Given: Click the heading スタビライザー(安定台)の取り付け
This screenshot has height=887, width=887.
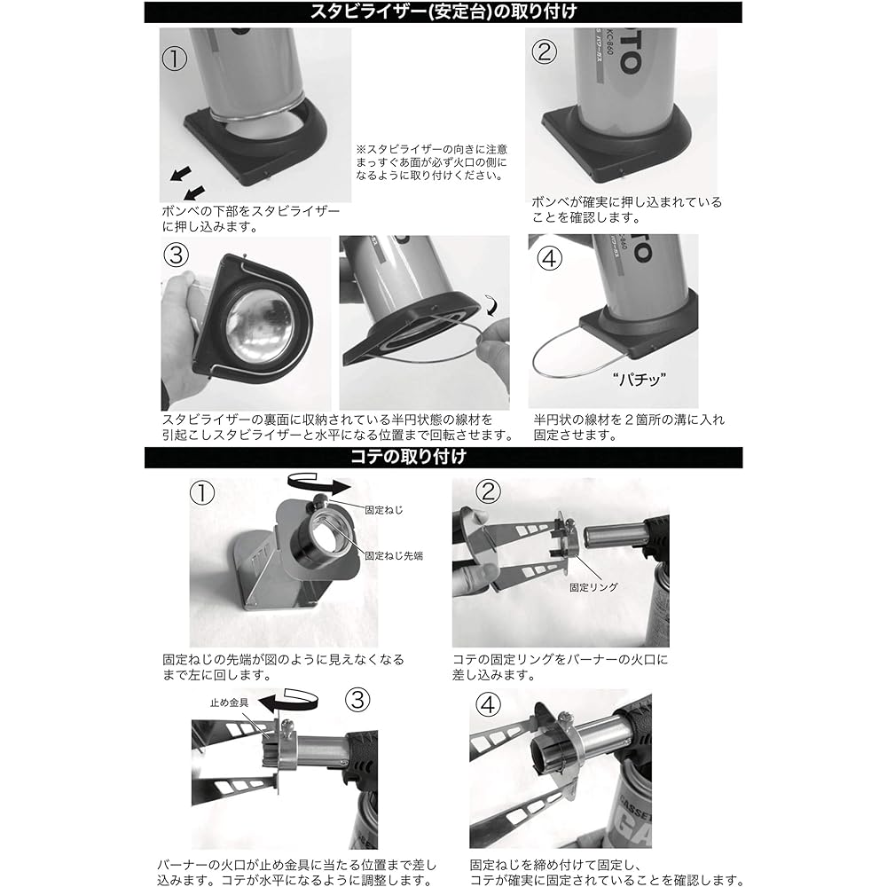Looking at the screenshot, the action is point(443,12).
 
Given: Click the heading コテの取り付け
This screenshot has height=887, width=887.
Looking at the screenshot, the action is point(408,457).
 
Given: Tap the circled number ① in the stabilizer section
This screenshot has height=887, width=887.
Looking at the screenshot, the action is point(174,59).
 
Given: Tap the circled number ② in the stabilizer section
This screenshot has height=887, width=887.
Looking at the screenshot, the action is point(545,51).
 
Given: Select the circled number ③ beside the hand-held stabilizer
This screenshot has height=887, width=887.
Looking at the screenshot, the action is point(176,255).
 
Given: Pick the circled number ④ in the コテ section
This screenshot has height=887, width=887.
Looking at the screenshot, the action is point(488,705).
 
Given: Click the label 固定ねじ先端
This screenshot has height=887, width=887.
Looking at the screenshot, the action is point(394,556).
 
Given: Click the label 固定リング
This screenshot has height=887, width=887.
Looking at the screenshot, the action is point(593,587).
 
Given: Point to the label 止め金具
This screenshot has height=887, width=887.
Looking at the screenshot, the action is point(229,703).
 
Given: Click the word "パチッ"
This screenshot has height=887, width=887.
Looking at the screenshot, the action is point(639,379).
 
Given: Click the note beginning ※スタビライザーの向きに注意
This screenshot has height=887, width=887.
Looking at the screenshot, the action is point(432,162).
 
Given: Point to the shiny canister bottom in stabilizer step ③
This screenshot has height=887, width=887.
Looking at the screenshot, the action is point(260,327).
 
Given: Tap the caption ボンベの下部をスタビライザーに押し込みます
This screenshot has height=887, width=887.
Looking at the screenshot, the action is point(251,219).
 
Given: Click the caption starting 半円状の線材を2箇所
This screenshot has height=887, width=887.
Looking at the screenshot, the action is point(629,428).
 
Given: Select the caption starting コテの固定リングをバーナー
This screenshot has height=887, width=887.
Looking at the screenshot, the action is point(560,667).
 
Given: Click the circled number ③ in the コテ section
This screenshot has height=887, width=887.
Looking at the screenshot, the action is point(357,700).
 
